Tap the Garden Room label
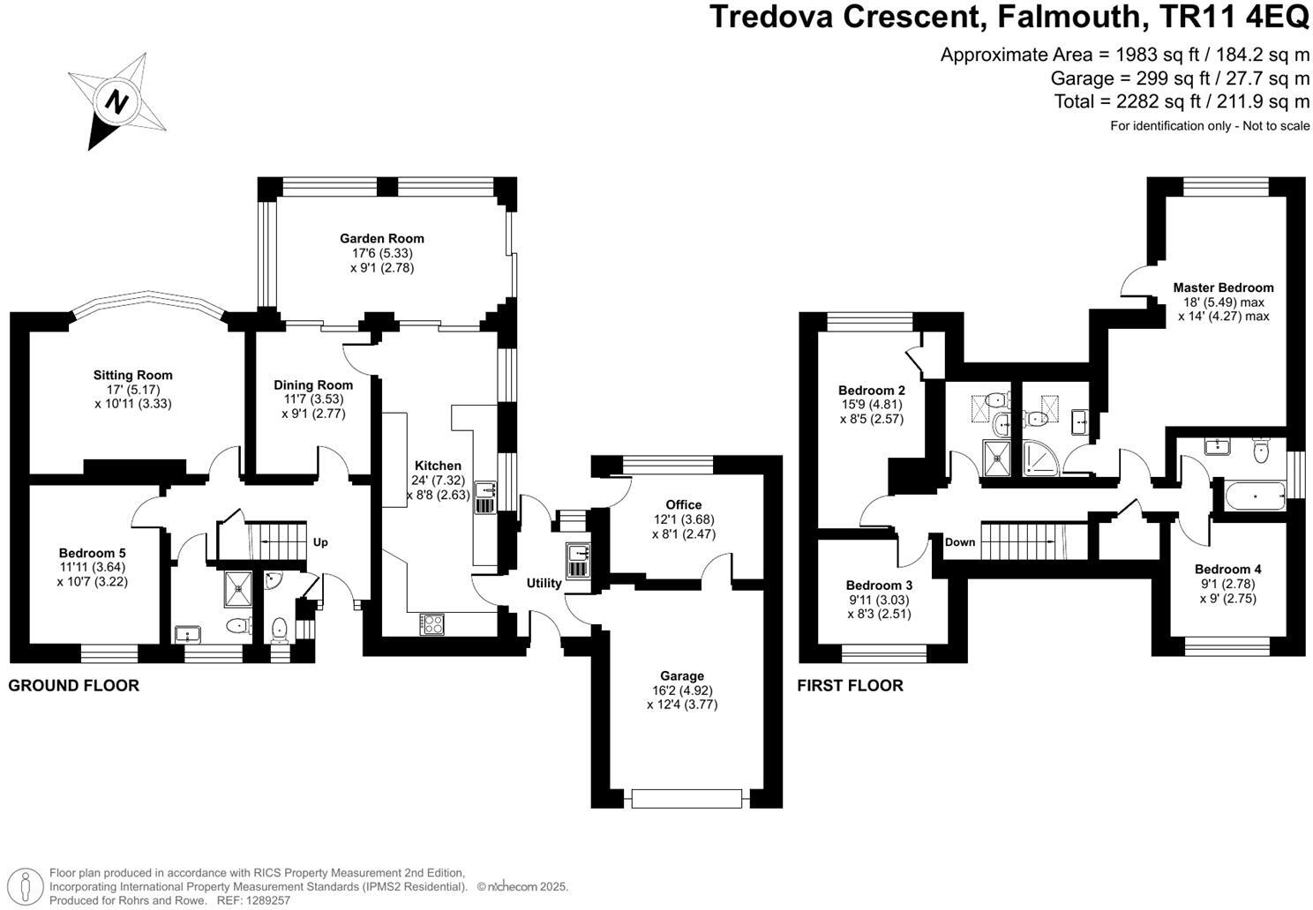click(x=382, y=238)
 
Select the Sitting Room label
click(x=133, y=375)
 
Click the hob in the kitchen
click(x=432, y=623)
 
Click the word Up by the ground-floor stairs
click(x=320, y=542)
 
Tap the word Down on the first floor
click(x=960, y=541)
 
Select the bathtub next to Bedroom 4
click(x=1254, y=496)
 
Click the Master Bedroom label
click(x=1223, y=287)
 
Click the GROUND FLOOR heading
click(x=74, y=685)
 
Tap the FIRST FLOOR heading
click(x=850, y=685)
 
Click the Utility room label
click(x=544, y=583)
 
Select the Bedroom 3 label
click(x=879, y=586)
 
